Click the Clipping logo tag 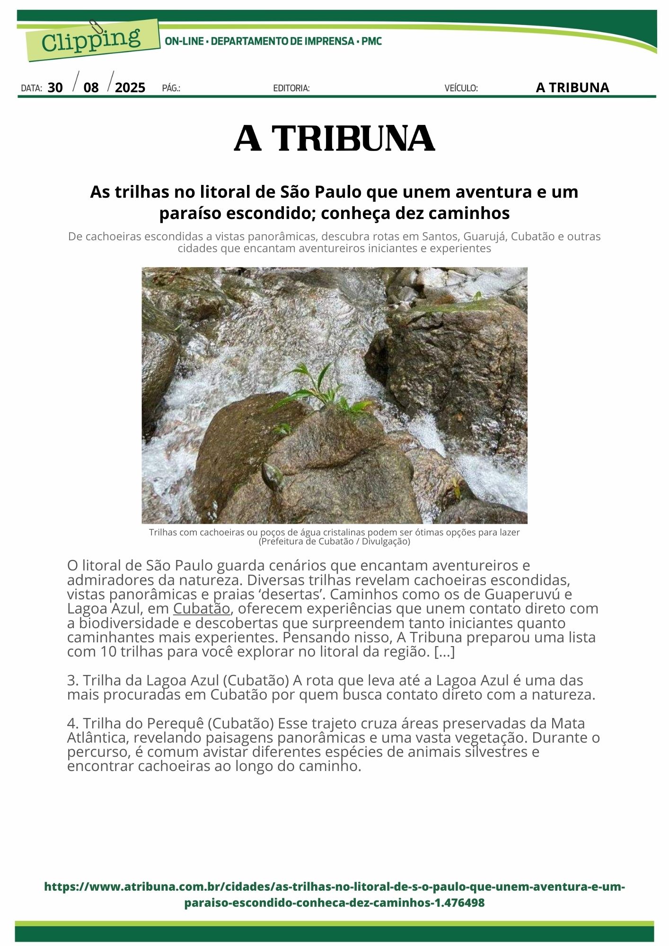coord(92,41)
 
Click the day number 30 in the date coord(55,88)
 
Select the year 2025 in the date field coord(130,88)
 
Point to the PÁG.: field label coord(171,88)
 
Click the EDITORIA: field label coord(291,88)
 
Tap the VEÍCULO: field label coord(461,88)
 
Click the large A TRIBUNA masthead coord(334,138)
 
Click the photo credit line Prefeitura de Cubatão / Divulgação coord(334,541)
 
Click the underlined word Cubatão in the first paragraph coord(202,608)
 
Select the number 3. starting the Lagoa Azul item coord(73,680)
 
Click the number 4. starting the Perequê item coord(73,723)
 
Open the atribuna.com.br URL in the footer coord(334,894)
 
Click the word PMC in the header coord(371,42)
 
